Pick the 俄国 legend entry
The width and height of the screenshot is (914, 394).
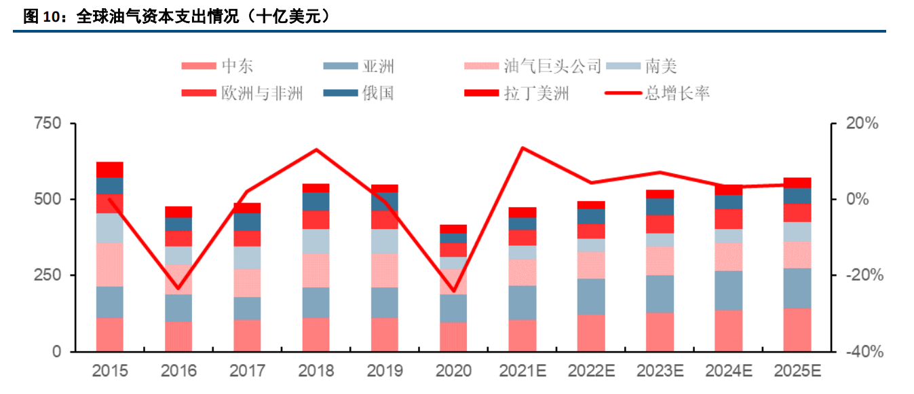pos(377,92)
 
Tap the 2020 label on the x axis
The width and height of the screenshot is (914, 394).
pos(453,371)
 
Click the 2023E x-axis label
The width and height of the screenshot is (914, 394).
pos(660,371)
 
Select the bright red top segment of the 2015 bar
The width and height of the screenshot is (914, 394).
pos(110,170)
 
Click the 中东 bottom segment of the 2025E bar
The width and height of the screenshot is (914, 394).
pos(797,329)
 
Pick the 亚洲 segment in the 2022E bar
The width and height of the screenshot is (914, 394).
pos(591,296)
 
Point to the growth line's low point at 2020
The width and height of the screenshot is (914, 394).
pos(453,291)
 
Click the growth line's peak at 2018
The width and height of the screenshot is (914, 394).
pos(316,149)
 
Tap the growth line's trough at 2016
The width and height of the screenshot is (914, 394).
pos(178,288)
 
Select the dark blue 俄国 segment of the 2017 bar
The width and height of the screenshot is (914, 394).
pos(247,221)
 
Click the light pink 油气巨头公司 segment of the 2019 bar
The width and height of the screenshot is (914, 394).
pos(385,270)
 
